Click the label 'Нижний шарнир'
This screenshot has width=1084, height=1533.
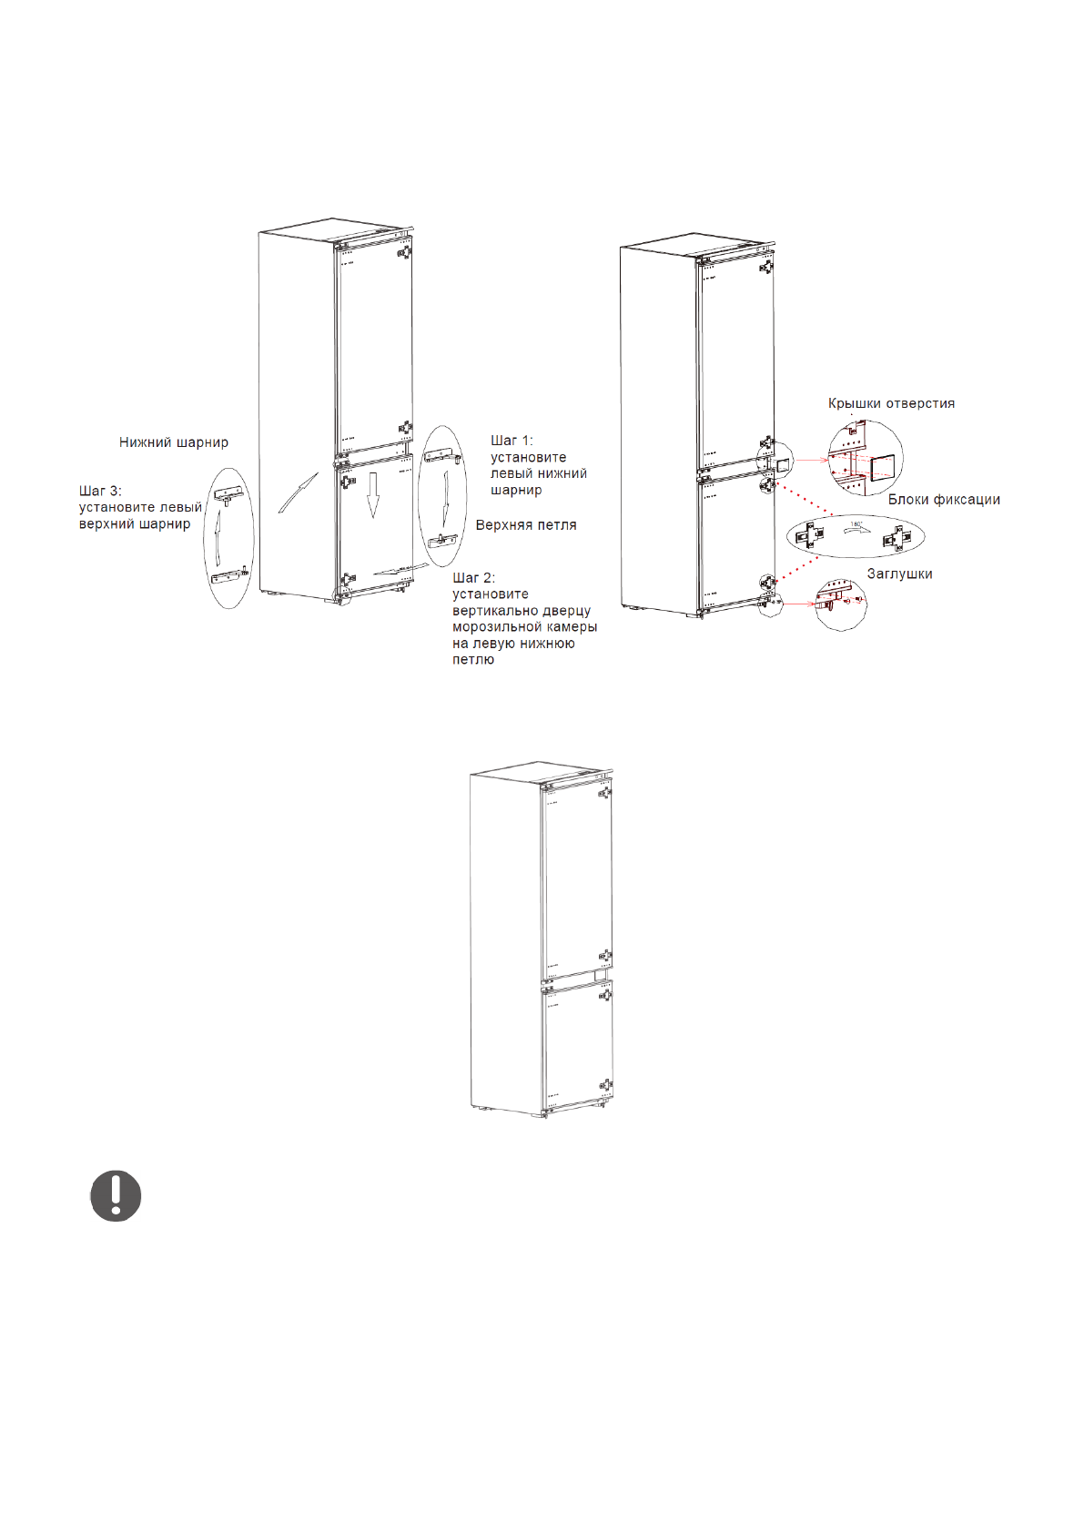click(173, 442)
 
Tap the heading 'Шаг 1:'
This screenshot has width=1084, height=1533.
click(512, 441)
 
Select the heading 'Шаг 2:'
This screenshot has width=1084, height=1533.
click(473, 578)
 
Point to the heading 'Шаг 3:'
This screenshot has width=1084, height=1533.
click(100, 492)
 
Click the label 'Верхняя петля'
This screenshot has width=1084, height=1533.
click(525, 525)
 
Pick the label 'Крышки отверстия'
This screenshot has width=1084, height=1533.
click(891, 403)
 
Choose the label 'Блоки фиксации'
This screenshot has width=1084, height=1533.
click(944, 500)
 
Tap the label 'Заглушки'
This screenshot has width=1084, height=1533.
click(899, 574)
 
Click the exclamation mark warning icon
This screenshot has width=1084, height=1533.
click(116, 1196)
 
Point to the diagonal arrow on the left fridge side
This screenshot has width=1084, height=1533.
click(298, 492)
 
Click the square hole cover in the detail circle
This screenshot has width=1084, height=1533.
click(884, 468)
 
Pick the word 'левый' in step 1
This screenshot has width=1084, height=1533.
click(509, 473)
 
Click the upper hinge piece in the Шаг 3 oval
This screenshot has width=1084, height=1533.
click(228, 494)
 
